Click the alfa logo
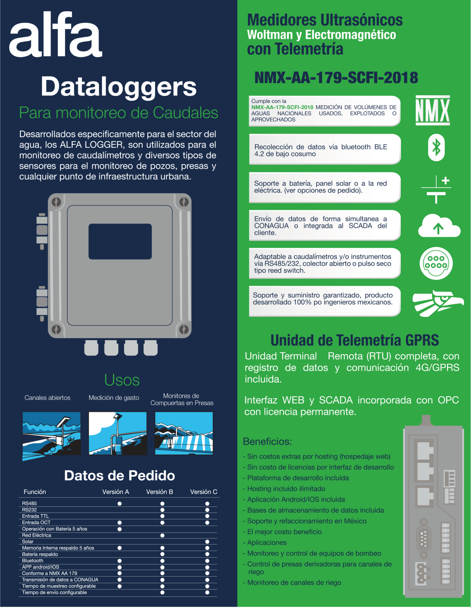pos(55,34)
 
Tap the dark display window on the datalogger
pos(120,241)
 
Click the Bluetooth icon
pos(436,148)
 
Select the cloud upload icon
pos(439,226)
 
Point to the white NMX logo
pos(433,110)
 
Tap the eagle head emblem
pos(438,303)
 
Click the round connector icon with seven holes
pos(436,263)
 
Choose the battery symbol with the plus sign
pos(436,189)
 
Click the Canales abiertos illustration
pos(52,435)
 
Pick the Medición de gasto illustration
pos(118,433)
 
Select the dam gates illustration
pos(184,433)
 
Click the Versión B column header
pos(159,492)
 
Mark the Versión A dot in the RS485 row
pos(120,503)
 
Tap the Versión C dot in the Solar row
pos(207,542)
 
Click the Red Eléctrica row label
pos(37,535)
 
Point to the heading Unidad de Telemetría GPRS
pos(354,340)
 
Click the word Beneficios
pos(267,441)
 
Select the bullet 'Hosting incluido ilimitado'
pos(286,489)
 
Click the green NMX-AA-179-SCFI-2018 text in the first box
pos(282,107)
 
